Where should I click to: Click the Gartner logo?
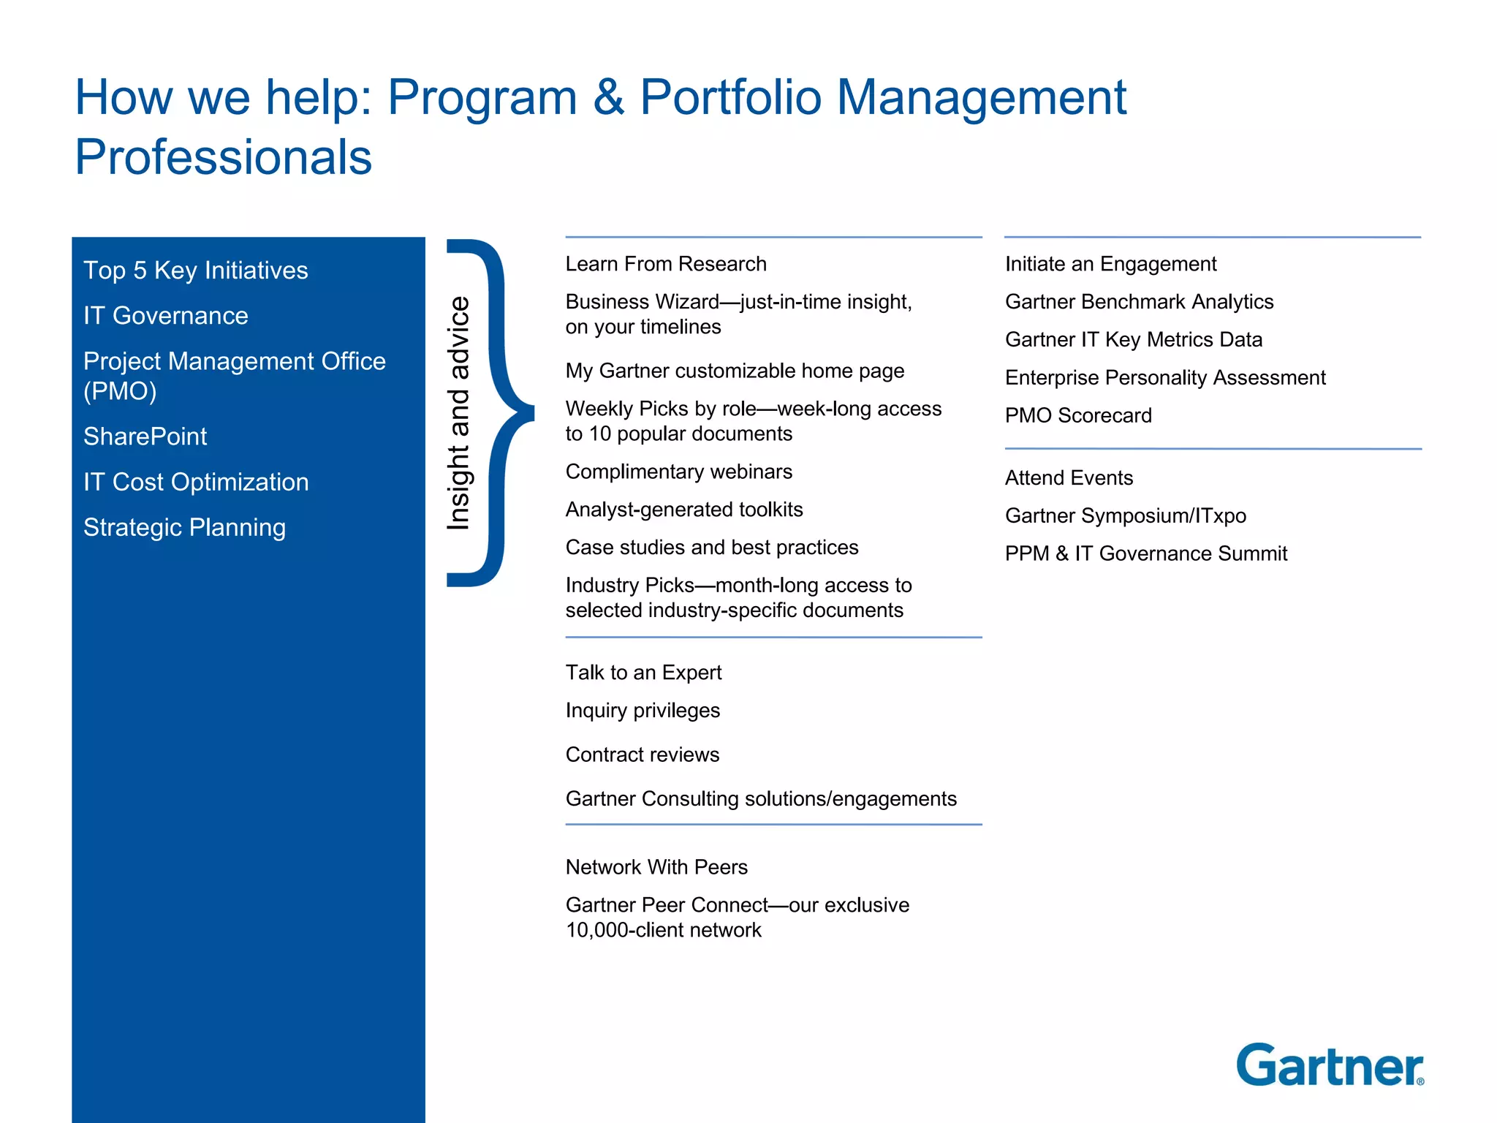click(1329, 1066)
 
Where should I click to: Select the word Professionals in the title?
click(224, 157)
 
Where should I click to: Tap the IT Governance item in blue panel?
click(166, 316)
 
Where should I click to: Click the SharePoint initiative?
click(145, 436)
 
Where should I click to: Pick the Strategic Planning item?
click(184, 528)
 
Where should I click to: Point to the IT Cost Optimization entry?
click(196, 483)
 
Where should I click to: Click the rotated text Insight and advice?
click(459, 413)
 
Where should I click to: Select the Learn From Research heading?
click(666, 264)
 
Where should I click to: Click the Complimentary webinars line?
click(678, 472)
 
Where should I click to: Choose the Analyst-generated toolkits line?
click(684, 510)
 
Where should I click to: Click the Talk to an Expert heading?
click(643, 673)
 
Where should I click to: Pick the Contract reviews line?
click(643, 755)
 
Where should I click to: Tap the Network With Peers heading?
click(656, 867)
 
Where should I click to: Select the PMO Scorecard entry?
click(1078, 416)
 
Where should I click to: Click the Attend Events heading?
click(1069, 478)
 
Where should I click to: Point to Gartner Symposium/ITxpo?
click(1126, 516)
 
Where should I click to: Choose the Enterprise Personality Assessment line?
click(1165, 378)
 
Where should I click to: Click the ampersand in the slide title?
click(609, 97)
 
